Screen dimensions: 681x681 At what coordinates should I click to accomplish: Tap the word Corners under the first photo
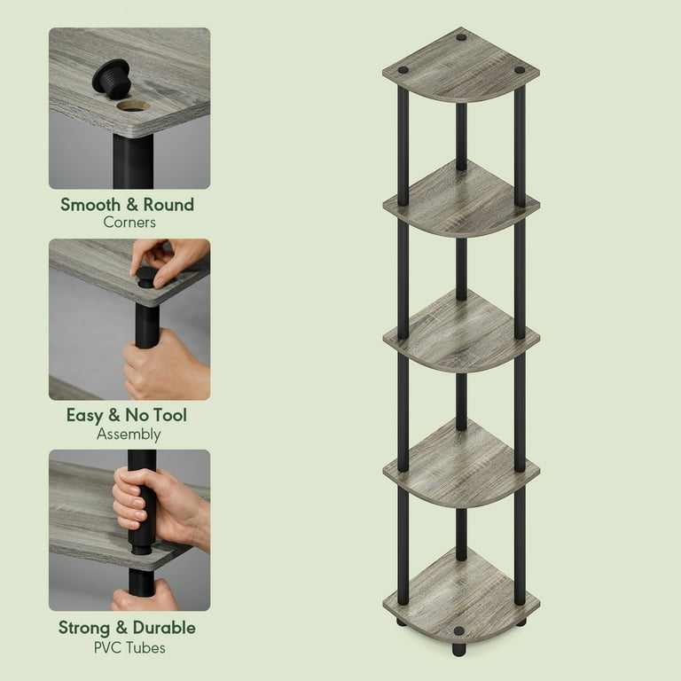tap(129, 223)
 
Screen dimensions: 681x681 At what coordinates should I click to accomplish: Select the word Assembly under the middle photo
tap(129, 434)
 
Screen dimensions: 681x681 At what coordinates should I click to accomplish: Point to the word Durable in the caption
tap(164, 628)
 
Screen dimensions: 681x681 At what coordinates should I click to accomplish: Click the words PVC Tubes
tap(129, 647)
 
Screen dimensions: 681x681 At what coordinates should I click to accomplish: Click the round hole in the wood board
tap(133, 106)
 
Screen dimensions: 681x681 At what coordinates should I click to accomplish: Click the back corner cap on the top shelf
tap(461, 37)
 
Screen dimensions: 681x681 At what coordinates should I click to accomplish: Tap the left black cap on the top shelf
tap(403, 70)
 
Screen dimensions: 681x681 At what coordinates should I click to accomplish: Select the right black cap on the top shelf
tap(520, 70)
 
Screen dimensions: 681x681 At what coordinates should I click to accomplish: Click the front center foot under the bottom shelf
tap(458, 649)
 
